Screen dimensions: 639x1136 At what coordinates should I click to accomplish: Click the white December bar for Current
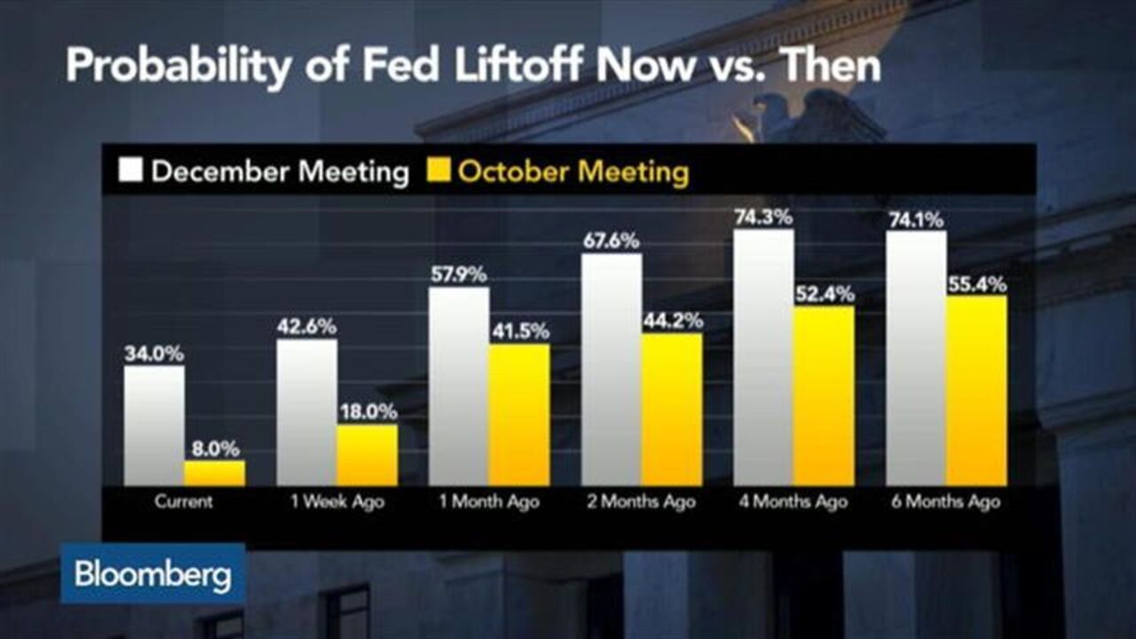point(154,425)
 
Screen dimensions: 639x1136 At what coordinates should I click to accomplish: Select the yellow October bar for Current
point(215,473)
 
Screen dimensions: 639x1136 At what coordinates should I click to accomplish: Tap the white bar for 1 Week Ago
point(306,412)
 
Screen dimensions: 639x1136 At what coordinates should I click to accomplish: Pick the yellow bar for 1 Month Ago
point(519,414)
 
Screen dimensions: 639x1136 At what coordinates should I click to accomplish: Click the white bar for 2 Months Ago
point(611,369)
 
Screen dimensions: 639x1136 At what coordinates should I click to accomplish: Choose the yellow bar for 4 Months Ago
point(824,396)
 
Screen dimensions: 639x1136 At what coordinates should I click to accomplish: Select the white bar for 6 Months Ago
point(916,359)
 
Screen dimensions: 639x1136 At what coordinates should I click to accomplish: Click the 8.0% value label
point(215,449)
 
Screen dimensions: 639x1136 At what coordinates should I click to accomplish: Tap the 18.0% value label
point(367,413)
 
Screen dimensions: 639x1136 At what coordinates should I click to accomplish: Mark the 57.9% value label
point(458,274)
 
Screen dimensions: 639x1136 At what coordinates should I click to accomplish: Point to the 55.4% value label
point(976,285)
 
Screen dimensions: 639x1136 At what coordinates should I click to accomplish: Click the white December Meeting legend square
point(130,170)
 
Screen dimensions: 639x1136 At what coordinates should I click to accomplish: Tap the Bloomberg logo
point(153,574)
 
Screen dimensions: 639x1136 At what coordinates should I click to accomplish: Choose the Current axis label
point(184,501)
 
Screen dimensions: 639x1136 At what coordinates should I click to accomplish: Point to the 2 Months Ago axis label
point(642,501)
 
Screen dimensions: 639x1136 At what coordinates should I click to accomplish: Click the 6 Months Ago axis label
point(947,501)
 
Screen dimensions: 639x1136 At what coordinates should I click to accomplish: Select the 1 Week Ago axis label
point(336,501)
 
